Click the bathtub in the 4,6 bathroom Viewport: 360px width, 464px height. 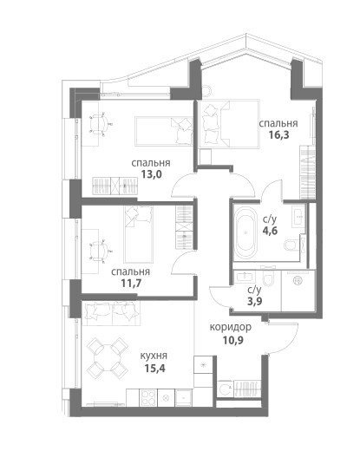click(245, 233)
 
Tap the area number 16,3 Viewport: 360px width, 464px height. click(278, 135)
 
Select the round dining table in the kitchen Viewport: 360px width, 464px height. click(107, 358)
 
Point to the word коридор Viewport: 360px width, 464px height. click(231, 327)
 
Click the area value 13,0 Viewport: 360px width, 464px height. click(151, 174)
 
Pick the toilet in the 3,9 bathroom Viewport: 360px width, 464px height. click(269, 278)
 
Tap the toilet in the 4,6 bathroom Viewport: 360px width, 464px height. click(291, 245)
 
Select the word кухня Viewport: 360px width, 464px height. click(154, 356)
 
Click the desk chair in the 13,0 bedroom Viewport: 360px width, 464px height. click(100, 124)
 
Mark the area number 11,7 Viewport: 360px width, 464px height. click(131, 284)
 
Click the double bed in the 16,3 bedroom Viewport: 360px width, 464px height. click(229, 123)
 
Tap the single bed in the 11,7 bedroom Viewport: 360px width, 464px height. click(139, 234)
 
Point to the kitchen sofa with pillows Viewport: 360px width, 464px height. click(111, 313)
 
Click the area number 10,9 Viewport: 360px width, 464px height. click(233, 341)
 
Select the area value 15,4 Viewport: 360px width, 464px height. click(154, 369)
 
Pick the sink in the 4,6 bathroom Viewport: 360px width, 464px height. click(298, 217)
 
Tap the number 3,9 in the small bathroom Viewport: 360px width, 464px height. click(255, 301)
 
